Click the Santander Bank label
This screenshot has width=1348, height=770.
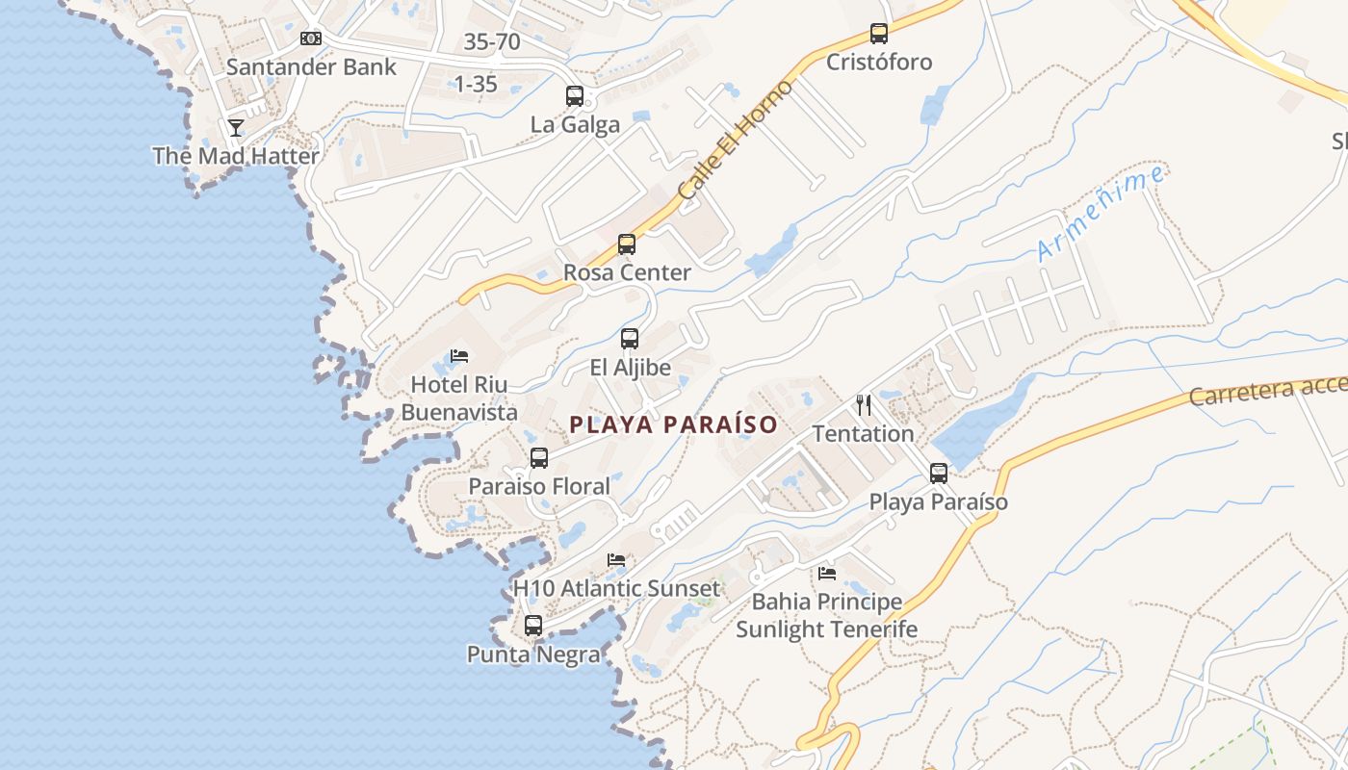pos(311,67)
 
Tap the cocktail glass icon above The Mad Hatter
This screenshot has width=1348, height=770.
pos(236,127)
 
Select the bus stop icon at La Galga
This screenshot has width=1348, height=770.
pos(575,96)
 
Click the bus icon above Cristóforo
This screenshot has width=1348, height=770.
pos(879,34)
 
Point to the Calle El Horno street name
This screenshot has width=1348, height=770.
pos(735,141)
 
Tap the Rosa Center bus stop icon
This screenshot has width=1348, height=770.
pos(627,244)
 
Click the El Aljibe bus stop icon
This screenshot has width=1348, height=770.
pos(630,339)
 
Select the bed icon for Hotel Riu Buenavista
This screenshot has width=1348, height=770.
pos(459,356)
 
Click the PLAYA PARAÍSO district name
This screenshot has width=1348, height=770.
pos(673,424)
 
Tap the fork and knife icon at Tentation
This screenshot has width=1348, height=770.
pos(864,405)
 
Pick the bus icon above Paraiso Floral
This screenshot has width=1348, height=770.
pos(539,458)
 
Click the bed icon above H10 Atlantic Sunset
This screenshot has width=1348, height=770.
pos(616,560)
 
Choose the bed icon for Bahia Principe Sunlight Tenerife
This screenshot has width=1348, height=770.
pos(827,574)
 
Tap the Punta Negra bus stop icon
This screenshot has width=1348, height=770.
pos(533,626)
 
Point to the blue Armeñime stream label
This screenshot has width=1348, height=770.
pos(1101,214)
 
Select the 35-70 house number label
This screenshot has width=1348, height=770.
pos(492,42)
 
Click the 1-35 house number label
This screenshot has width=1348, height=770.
pos(476,85)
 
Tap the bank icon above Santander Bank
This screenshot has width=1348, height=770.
pos(311,38)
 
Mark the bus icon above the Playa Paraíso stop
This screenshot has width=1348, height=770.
pos(939,474)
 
